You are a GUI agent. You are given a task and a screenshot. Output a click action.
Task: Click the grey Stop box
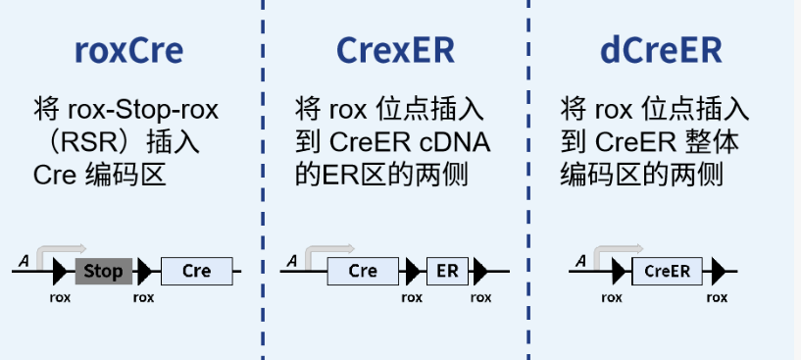tap(104, 271)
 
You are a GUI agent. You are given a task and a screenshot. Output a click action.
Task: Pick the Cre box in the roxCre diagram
tap(197, 271)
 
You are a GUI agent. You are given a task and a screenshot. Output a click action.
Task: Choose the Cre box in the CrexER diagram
tap(363, 271)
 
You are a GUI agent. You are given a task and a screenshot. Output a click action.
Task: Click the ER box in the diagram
tap(447, 271)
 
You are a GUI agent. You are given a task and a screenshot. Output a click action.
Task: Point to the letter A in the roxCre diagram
tap(23, 260)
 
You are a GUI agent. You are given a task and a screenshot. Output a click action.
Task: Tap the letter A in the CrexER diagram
tap(291, 260)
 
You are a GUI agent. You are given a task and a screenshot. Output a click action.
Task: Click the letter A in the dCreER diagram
tap(581, 260)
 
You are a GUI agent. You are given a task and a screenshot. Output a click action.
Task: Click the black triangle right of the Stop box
tap(145, 271)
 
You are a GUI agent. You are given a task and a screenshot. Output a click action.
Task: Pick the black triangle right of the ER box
tap(481, 271)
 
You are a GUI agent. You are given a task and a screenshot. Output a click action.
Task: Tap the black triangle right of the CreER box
tap(718, 271)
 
